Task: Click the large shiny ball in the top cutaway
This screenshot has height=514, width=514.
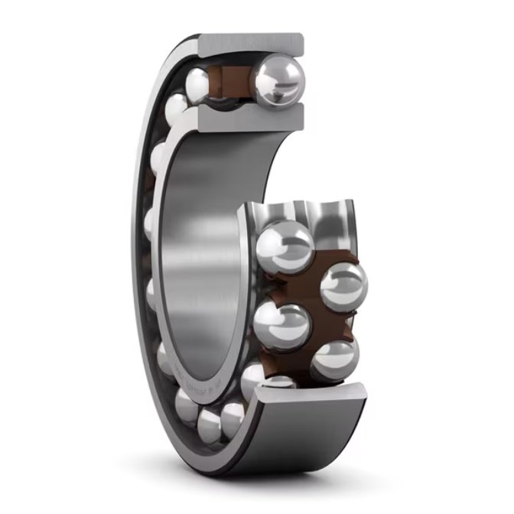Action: coord(280,76)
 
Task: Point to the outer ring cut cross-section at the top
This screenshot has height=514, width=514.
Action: coord(252,44)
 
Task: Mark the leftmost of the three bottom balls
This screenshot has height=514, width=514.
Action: coord(186,403)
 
